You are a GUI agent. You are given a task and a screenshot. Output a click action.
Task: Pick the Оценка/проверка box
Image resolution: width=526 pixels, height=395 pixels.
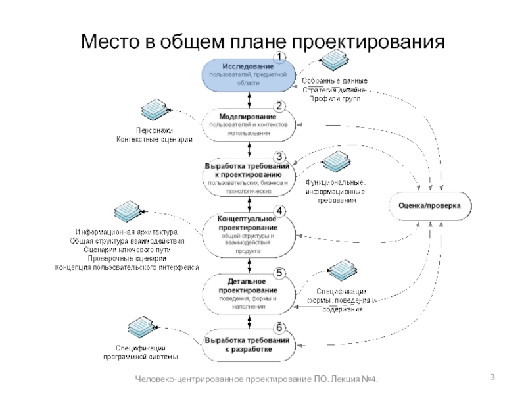click(x=430, y=206)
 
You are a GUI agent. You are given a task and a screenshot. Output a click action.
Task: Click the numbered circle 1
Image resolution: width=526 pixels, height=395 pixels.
click(x=279, y=58)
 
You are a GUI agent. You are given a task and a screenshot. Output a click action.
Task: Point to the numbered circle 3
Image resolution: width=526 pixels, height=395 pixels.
click(x=279, y=157)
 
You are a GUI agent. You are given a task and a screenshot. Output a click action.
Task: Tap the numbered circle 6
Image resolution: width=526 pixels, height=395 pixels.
click(x=279, y=327)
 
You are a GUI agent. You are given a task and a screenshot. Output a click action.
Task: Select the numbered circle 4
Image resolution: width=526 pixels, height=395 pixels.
click(x=279, y=211)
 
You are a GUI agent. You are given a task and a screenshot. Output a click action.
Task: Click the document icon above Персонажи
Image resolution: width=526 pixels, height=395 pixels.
click(x=155, y=109)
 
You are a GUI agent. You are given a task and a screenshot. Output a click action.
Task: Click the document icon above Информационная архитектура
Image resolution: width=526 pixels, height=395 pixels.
click(x=126, y=210)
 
